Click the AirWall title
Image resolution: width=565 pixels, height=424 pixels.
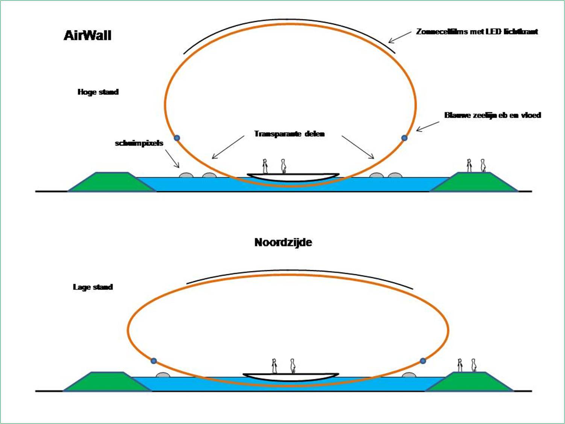tap(88, 35)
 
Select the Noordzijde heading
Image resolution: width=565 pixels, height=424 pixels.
tap(283, 242)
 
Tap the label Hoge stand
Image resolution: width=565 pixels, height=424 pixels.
tap(98, 92)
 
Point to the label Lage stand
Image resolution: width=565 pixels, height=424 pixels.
tap(93, 287)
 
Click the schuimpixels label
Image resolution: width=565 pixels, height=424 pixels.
tap(139, 143)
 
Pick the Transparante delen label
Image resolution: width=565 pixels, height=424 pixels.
tap(289, 134)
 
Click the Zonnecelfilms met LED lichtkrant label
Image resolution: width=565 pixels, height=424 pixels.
tap(477, 32)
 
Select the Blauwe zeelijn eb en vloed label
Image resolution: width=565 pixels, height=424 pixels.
tap(492, 115)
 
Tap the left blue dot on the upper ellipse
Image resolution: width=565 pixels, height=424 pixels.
tap(177, 138)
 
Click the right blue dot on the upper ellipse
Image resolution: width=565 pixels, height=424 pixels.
tap(404, 138)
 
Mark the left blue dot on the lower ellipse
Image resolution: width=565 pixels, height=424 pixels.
tap(153, 361)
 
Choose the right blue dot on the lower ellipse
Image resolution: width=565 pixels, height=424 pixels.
tap(423, 361)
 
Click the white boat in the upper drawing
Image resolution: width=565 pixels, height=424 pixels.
tap(293, 177)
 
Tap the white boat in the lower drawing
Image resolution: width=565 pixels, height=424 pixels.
tap(291, 377)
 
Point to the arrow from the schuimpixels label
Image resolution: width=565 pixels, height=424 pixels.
tap(172, 159)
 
